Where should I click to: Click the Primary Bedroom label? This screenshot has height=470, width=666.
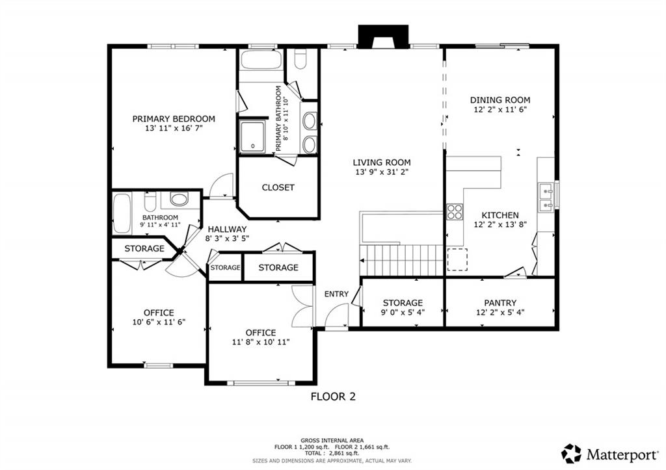[174, 119]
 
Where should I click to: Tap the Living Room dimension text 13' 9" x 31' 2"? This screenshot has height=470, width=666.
[381, 172]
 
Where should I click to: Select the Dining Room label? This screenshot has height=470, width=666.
[500, 100]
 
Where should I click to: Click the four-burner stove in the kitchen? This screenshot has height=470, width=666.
[455, 211]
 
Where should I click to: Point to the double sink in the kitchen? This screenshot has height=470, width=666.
[546, 198]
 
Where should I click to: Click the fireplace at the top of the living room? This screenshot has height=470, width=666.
[383, 36]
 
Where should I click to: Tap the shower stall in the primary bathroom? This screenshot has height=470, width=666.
[252, 137]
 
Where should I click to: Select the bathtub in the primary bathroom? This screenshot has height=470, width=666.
[261, 60]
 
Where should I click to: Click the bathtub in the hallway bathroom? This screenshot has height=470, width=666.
[122, 214]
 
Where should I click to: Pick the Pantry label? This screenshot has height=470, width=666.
[500, 303]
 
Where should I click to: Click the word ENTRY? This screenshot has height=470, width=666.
[336, 294]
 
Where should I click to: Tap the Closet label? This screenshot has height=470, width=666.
[278, 188]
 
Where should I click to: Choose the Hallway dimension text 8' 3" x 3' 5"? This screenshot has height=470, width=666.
[227, 239]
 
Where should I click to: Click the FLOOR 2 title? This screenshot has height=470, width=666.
[333, 397]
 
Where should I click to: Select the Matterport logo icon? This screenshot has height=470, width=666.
[571, 454]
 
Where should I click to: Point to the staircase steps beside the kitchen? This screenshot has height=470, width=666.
[402, 260]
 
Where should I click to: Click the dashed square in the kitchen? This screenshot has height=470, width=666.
[457, 259]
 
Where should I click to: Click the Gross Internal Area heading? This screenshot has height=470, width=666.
[332, 441]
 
